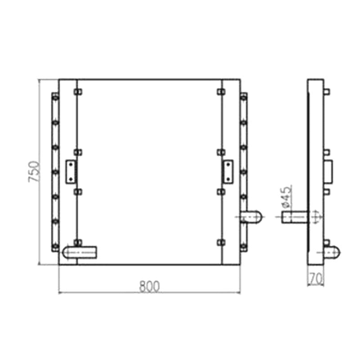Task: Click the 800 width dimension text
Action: [149, 286]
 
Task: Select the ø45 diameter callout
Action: [286, 195]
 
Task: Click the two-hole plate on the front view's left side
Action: [71, 171]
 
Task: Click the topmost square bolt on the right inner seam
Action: [220, 92]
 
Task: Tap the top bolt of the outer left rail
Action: [55, 97]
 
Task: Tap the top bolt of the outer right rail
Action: [243, 97]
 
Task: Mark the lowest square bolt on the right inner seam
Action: [220, 243]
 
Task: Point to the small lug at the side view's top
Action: [327, 92]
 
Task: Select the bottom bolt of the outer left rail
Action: [55, 246]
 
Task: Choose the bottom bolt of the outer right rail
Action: [243, 246]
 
